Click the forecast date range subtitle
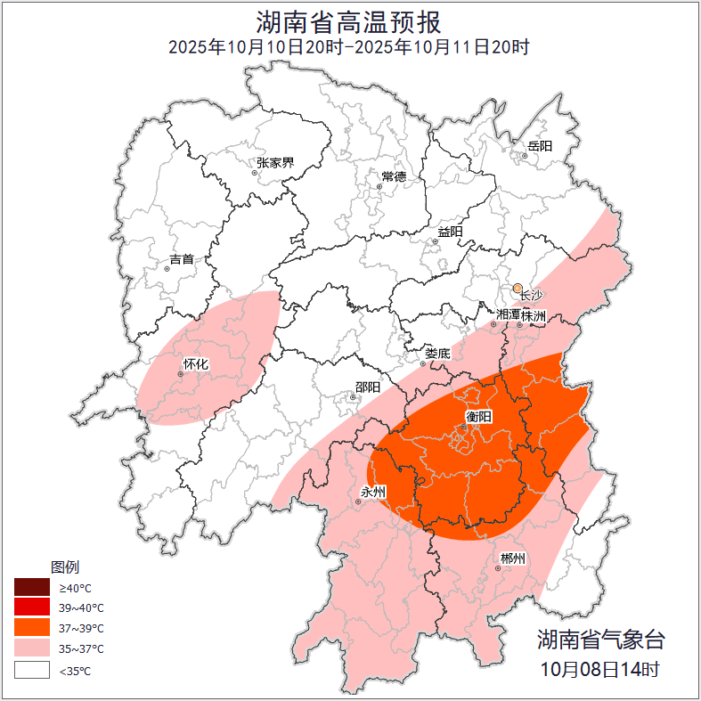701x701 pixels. click(x=349, y=46)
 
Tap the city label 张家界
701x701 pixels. click(x=275, y=163)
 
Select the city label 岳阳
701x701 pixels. click(x=540, y=145)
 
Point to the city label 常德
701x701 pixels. click(x=394, y=176)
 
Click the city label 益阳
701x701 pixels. click(x=450, y=232)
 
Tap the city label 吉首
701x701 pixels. click(x=181, y=259)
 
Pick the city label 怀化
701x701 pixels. click(x=195, y=363)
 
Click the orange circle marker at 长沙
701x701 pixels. click(x=518, y=288)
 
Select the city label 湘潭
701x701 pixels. click(x=508, y=315)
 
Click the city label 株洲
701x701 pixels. click(x=534, y=315)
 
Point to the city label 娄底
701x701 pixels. click(x=437, y=353)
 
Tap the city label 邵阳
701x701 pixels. click(x=368, y=387)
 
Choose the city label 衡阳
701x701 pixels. click(x=478, y=416)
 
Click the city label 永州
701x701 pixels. click(x=372, y=492)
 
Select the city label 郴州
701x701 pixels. click(x=512, y=558)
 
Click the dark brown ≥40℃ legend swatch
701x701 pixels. click(x=31, y=588)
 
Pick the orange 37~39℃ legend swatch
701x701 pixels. click(x=31, y=629)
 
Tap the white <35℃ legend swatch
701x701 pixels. click(x=31, y=670)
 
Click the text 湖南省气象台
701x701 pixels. click(x=600, y=639)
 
